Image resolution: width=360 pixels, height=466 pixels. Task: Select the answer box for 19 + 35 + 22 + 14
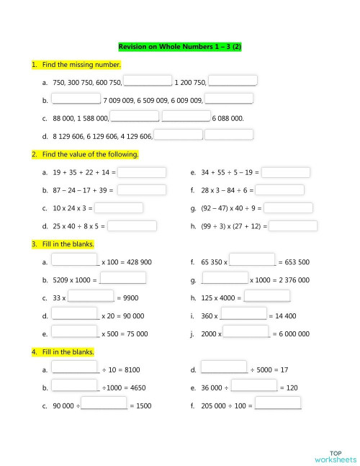click(x=142, y=173)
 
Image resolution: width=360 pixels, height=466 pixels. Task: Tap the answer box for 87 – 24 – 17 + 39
click(x=142, y=190)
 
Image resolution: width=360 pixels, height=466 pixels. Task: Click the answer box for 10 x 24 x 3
click(x=119, y=208)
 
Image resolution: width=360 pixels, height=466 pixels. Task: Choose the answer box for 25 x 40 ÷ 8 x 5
click(x=132, y=225)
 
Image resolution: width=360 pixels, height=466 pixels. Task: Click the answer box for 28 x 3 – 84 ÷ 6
click(x=280, y=190)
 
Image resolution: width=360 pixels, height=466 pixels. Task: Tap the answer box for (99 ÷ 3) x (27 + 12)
click(x=293, y=225)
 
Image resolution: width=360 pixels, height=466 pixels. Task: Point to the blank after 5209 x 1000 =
click(x=122, y=279)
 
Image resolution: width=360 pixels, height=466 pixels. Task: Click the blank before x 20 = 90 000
click(x=75, y=315)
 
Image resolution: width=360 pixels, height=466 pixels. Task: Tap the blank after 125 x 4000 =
click(x=267, y=297)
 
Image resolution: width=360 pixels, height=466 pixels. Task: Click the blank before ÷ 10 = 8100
click(x=75, y=369)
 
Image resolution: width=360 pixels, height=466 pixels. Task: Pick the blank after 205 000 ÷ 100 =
click(x=278, y=405)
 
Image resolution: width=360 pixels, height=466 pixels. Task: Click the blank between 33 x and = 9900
click(x=91, y=297)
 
